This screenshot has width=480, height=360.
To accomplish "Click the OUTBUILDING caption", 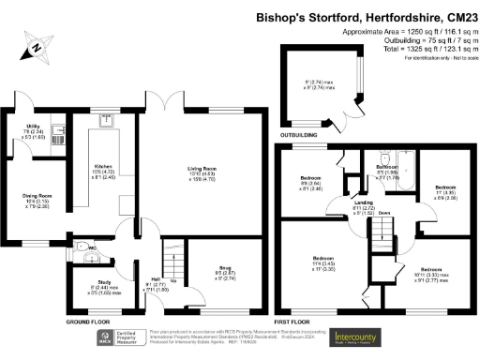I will (x=300, y=134).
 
